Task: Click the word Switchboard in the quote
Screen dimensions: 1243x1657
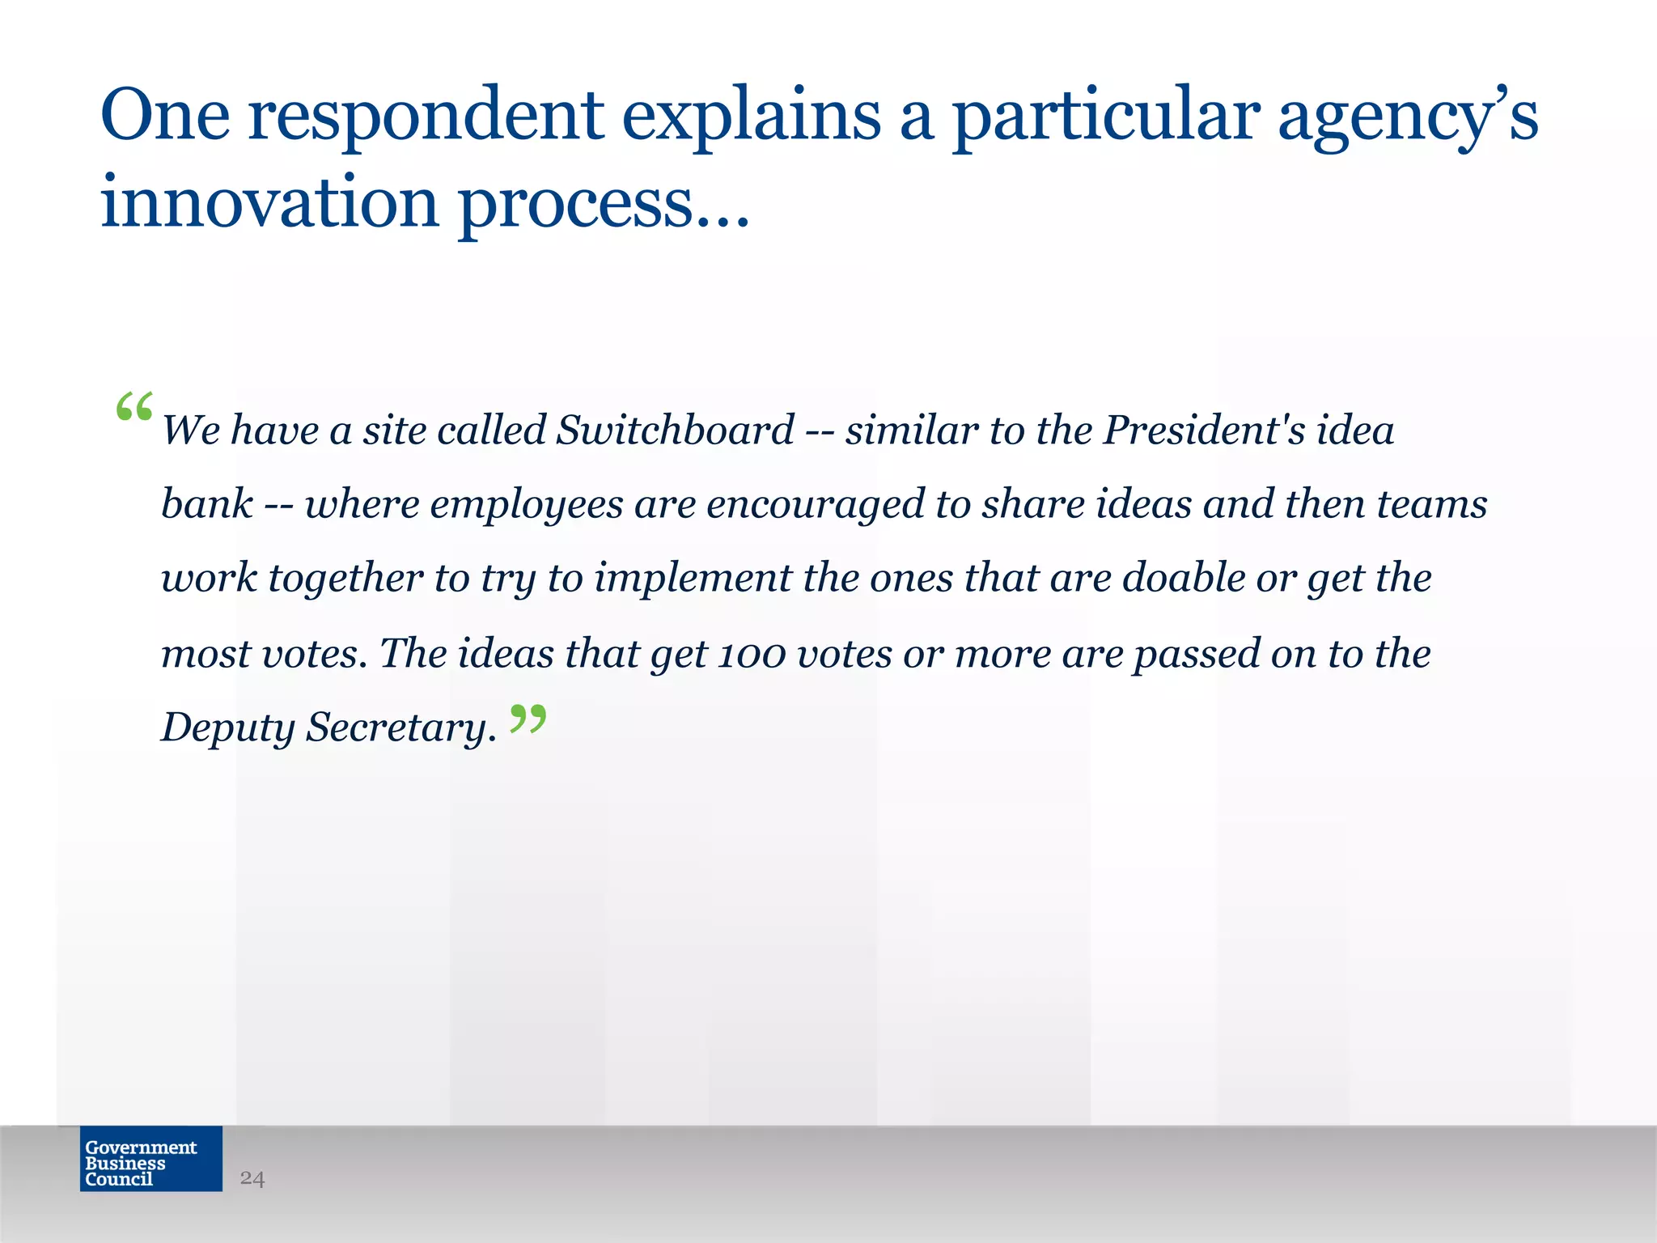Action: pos(675,430)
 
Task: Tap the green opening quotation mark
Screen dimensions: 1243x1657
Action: pos(134,407)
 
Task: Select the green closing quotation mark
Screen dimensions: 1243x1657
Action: pos(528,719)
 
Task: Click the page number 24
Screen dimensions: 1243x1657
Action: pos(252,1178)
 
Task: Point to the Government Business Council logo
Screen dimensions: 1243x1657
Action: pos(151,1158)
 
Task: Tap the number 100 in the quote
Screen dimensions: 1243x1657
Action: pos(752,654)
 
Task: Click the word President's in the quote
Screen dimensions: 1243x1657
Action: pos(1205,430)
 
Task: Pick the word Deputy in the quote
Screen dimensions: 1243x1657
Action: pos(227,728)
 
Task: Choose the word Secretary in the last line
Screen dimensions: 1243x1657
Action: pos(400,728)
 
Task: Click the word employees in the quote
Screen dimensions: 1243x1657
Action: pos(527,505)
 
